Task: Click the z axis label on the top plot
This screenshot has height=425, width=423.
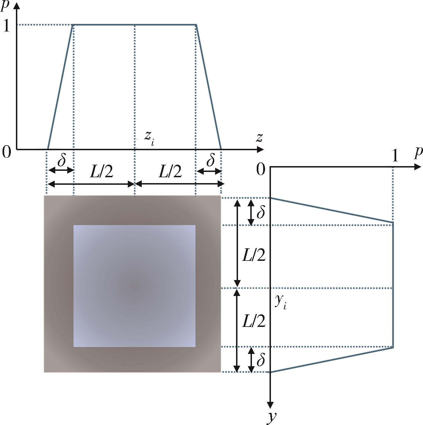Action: (259, 138)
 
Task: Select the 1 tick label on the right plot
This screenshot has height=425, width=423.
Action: (395, 156)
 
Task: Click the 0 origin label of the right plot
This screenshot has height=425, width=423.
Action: (261, 169)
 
